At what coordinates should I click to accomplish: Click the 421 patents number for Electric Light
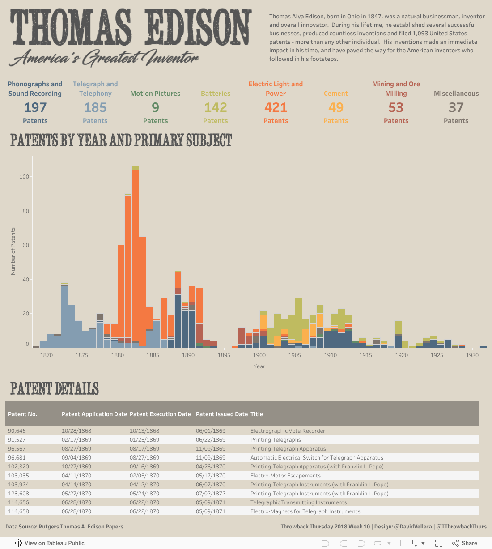[276, 107]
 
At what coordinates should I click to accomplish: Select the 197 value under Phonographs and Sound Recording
[35, 107]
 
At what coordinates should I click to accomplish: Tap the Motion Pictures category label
[155, 94]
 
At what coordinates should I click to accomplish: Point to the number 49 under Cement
[336, 107]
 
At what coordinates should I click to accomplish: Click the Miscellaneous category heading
[456, 94]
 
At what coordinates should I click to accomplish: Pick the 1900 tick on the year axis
[259, 355]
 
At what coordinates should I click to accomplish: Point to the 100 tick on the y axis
[24, 177]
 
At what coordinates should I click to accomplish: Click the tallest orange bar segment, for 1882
[135, 255]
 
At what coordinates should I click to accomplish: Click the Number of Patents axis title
[13, 251]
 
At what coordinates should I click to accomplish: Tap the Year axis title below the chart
[259, 366]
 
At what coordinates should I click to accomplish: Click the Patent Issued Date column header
[221, 414]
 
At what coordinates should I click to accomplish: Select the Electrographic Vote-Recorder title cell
[288, 431]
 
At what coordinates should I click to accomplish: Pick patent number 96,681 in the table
[17, 458]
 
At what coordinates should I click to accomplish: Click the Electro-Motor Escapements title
[285, 476]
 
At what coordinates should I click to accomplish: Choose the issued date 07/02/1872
[211, 494]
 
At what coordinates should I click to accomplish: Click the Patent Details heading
[55, 388]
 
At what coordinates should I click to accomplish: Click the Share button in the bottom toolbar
[465, 543]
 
